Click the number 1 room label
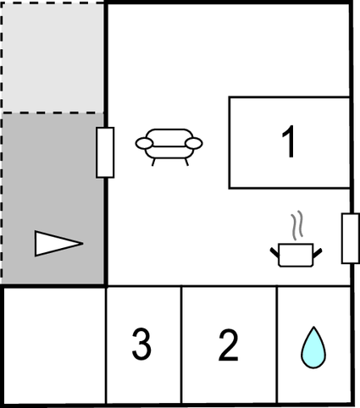pyautogui.click(x=289, y=141)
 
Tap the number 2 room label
pyautogui.click(x=229, y=345)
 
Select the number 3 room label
pyautogui.click(x=141, y=344)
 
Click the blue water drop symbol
pyautogui.click(x=313, y=348)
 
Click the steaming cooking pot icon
pyautogui.click(x=296, y=240)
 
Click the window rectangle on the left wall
pyautogui.click(x=105, y=152)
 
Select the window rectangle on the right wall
pyautogui.click(x=351, y=239)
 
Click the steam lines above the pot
pyautogui.click(x=296, y=225)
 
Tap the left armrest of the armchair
pyautogui.click(x=144, y=143)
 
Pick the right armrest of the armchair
pyautogui.click(x=194, y=143)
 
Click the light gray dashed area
pyautogui.click(x=53, y=58)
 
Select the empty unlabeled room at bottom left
pyautogui.click(x=54, y=345)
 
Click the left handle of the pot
pyautogui.click(x=274, y=252)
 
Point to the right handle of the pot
pyautogui.click(x=318, y=253)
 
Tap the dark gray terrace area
pyautogui.click(x=53, y=199)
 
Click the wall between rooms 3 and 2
pyautogui.click(x=181, y=345)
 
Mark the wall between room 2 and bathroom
pyautogui.click(x=277, y=345)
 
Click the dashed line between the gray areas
pyautogui.click(x=53, y=113)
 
